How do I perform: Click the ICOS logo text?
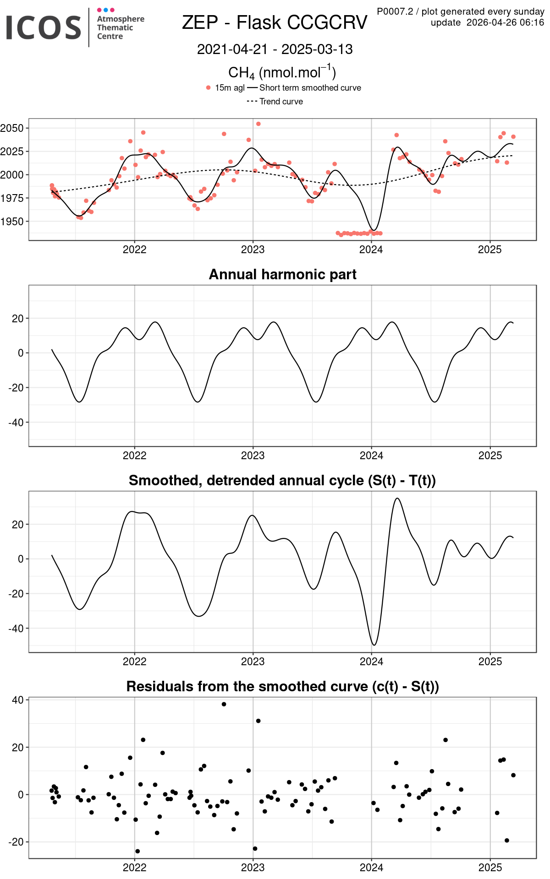coord(44,27)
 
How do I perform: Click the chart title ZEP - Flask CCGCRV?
coord(275,22)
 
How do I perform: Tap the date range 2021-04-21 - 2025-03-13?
coord(275,49)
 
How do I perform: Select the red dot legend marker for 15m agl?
coord(209,87)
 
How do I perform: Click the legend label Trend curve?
coord(281,101)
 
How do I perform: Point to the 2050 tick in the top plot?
coord(12,128)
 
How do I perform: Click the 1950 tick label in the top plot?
coord(12,221)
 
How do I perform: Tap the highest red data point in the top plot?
coord(258,124)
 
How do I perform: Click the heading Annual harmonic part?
coord(283,274)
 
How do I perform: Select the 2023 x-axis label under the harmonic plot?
coord(253,456)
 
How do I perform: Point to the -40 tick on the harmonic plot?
coord(16,423)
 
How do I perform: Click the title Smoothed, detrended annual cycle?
coord(282,480)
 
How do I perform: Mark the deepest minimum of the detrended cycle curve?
coord(374,645)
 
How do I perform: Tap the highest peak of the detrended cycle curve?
coord(397,499)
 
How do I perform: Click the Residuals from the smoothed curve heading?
coord(283,686)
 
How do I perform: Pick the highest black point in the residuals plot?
coord(224,704)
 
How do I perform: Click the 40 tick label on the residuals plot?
coord(18,700)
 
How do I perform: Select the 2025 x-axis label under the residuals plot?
coord(490,868)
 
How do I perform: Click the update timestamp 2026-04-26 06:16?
coord(506,22)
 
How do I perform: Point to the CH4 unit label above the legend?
coord(282,72)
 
